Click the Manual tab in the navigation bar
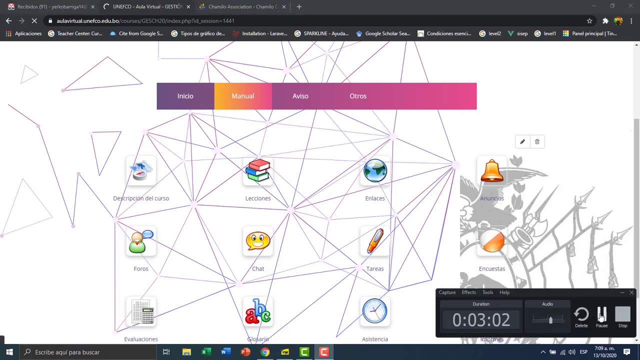(x=242, y=96)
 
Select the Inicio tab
(x=185, y=96)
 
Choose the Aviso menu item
(x=300, y=96)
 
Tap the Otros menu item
(x=358, y=96)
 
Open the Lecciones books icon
(x=258, y=171)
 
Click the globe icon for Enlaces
(x=375, y=171)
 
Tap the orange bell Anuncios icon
(x=492, y=171)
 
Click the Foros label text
(x=141, y=269)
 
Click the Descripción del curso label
(x=141, y=198)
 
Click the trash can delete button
(x=537, y=142)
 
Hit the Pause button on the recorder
(x=601, y=316)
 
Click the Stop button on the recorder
(x=622, y=316)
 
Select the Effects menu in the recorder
(x=468, y=292)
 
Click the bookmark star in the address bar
(x=589, y=21)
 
